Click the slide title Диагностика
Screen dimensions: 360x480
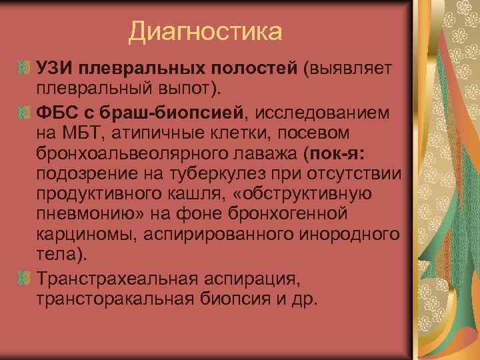tap(205, 31)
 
